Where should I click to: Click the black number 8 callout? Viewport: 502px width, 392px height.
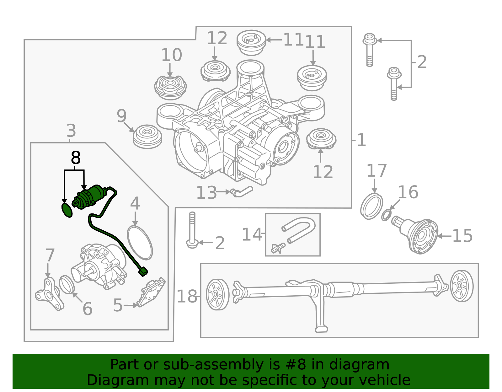click(x=76, y=158)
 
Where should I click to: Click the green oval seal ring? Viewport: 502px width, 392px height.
click(x=67, y=210)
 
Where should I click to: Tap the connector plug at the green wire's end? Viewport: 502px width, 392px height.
click(x=143, y=272)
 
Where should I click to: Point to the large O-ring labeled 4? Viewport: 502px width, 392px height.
click(x=140, y=242)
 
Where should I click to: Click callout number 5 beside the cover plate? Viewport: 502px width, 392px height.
click(x=118, y=305)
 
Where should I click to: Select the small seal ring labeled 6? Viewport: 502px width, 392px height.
click(x=67, y=284)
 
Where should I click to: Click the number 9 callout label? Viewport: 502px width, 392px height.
click(x=121, y=116)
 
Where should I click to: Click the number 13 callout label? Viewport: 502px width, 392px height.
click(x=206, y=193)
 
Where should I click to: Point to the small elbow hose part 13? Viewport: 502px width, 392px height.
click(x=242, y=191)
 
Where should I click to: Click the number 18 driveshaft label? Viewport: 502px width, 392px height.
click(x=187, y=296)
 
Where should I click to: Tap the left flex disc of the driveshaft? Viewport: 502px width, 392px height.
click(x=217, y=294)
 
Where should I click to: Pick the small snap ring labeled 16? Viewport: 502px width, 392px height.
click(x=386, y=216)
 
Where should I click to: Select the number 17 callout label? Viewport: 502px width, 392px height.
click(x=376, y=171)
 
